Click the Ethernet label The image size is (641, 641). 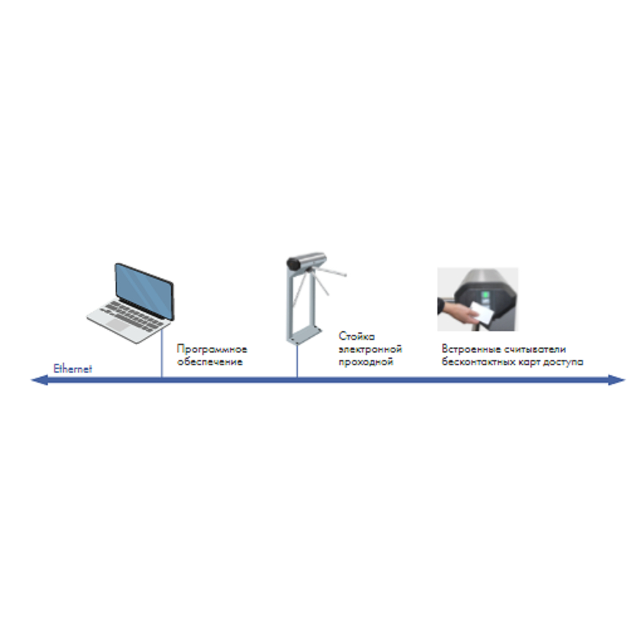[x=73, y=368]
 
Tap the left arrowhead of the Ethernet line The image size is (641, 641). [x=40, y=380]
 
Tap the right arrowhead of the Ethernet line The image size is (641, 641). [x=617, y=380]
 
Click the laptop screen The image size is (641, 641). [x=144, y=290]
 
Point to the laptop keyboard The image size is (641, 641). [x=131, y=315]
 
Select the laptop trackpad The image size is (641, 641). [x=117, y=325]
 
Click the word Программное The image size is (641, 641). [x=212, y=349]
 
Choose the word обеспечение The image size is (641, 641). [x=210, y=362]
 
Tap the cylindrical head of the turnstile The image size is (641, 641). [x=306, y=261]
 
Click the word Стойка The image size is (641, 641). [x=356, y=336]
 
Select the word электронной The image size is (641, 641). [x=370, y=349]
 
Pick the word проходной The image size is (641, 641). [x=366, y=362]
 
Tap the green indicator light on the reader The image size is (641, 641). [x=485, y=295]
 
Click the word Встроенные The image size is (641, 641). [x=471, y=349]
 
